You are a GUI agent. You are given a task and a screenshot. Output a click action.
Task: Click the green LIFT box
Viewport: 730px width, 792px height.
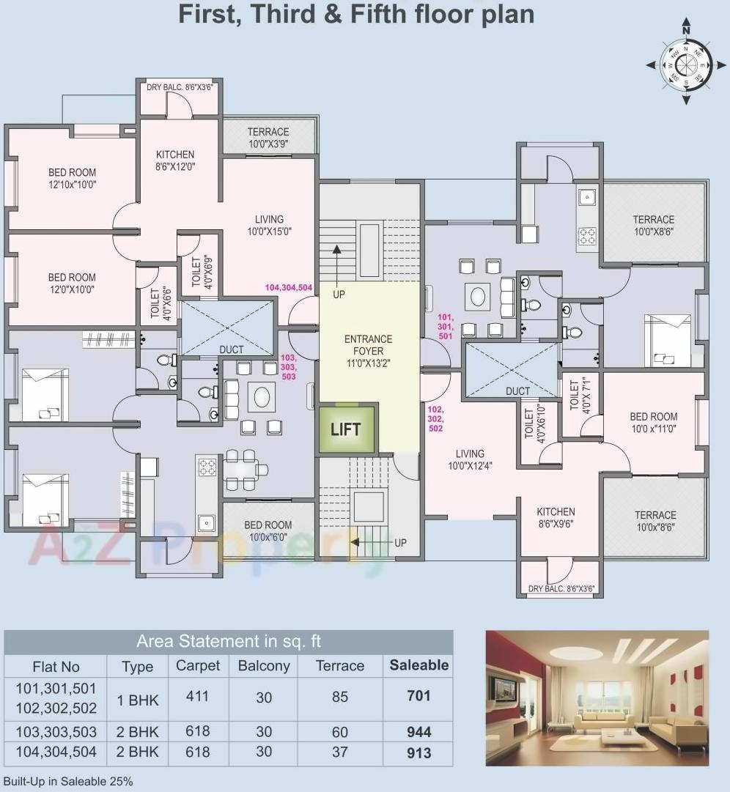(346, 429)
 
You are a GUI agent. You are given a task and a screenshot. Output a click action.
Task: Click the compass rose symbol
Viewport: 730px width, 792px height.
(686, 64)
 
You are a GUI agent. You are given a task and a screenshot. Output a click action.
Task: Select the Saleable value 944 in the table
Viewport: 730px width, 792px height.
(419, 731)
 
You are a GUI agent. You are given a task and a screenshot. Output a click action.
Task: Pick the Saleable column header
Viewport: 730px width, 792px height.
(419, 665)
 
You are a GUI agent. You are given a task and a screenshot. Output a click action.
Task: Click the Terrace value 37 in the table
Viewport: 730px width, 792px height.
(339, 752)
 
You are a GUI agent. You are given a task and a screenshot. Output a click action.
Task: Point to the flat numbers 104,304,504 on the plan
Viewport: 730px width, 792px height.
(289, 288)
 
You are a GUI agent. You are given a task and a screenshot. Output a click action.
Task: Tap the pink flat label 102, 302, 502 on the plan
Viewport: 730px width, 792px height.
(435, 418)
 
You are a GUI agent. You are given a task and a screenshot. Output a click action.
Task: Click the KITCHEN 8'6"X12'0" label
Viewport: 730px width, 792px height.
(175, 160)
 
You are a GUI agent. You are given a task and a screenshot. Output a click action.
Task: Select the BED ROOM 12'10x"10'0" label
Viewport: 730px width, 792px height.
(72, 179)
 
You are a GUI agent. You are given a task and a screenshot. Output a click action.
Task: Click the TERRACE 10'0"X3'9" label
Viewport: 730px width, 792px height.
(268, 138)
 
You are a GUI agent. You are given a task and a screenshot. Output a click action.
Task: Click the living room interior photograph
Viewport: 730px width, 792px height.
(597, 697)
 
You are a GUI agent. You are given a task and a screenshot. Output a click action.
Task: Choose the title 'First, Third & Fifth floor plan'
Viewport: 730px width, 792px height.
(356, 14)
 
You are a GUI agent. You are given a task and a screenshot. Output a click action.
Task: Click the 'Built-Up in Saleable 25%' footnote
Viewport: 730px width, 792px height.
(68, 782)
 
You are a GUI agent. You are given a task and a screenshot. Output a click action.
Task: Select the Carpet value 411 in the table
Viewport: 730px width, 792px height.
(197, 696)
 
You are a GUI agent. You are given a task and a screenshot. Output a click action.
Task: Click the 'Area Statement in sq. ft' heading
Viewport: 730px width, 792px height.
(229, 642)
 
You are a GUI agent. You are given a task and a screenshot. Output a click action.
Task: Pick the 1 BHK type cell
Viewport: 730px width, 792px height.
(137, 699)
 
